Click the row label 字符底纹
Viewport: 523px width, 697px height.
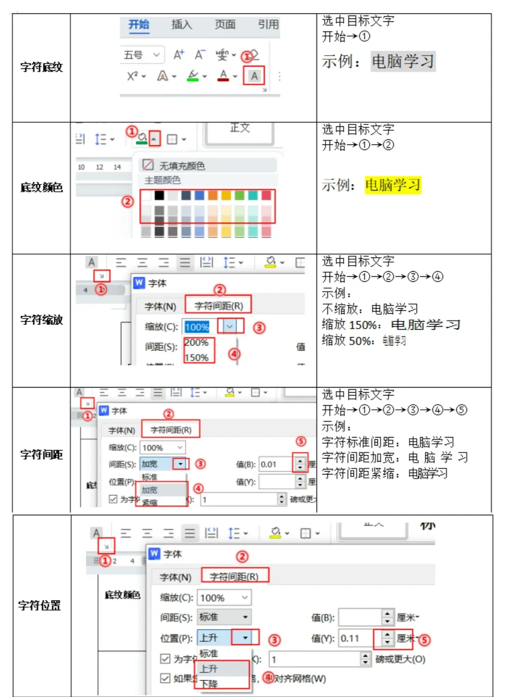pos(41,67)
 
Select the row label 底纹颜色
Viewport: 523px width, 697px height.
pos(41,187)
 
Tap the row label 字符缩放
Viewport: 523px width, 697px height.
pos(41,320)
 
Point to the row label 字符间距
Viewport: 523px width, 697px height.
pos(41,455)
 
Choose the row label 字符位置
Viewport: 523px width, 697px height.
pos(39,606)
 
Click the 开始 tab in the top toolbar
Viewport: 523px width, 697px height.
pos(138,25)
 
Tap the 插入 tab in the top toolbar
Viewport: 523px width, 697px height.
pos(182,25)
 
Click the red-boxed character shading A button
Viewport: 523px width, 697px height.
pos(254,76)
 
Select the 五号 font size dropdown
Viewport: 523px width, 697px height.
pos(142,55)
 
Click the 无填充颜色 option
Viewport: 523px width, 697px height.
pos(182,166)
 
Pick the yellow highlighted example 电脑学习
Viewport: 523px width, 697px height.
pos(393,185)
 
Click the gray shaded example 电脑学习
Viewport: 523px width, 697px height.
pos(403,61)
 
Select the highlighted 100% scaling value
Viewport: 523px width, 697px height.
pos(197,327)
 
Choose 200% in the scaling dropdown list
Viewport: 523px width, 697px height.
pos(197,343)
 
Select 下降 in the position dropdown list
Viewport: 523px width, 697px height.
pos(209,683)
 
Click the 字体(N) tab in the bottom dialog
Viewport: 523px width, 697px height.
pos(175,577)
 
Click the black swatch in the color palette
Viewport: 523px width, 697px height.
pos(159,196)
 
